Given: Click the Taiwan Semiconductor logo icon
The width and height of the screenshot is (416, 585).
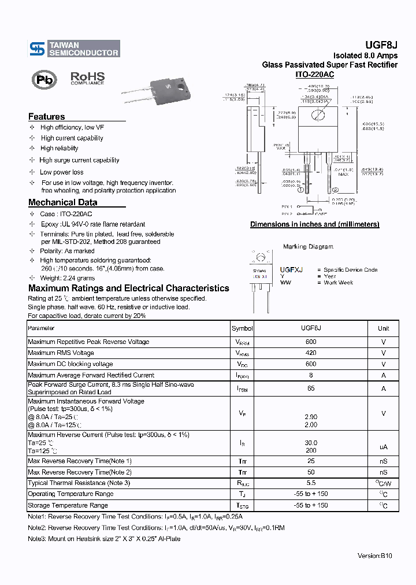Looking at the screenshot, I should [x=37, y=49].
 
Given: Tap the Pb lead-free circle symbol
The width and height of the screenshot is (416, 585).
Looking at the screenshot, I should [x=44, y=80].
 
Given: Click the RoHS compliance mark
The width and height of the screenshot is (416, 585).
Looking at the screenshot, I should [x=87, y=78].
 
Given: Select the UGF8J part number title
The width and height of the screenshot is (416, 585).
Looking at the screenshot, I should [x=380, y=45].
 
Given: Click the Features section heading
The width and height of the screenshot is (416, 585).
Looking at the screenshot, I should [x=46, y=116].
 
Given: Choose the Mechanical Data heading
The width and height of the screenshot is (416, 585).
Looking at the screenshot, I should [x=62, y=202].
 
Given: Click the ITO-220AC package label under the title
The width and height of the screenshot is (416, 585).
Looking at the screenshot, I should [x=314, y=75].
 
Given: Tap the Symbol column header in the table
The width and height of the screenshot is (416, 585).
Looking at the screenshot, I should [x=242, y=328].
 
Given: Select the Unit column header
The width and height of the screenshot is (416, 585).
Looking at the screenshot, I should [x=383, y=328].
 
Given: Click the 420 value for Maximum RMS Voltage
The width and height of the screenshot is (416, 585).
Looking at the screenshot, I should [x=311, y=353].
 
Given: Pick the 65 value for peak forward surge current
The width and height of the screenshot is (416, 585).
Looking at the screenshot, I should [x=311, y=388].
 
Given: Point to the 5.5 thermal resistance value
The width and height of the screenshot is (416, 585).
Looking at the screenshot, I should [x=311, y=483].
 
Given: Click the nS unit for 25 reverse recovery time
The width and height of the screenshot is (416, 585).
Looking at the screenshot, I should [x=383, y=461].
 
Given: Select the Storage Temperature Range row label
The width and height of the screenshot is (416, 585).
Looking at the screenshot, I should [x=68, y=505].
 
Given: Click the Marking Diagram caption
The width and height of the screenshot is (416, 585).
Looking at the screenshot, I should [x=308, y=247].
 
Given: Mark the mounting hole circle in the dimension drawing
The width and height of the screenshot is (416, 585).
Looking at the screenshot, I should [x=317, y=114].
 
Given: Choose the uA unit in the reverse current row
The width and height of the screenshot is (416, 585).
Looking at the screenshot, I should [x=383, y=447].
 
